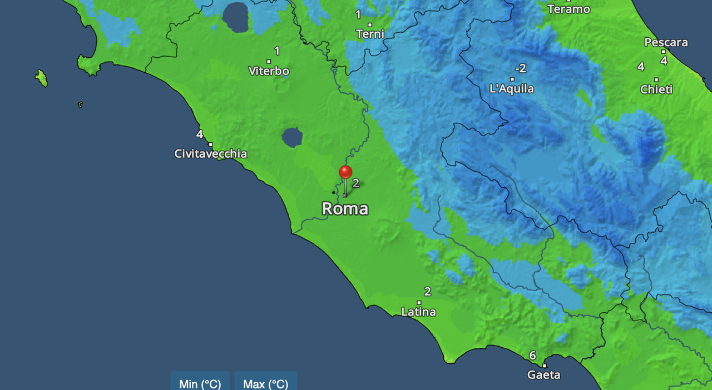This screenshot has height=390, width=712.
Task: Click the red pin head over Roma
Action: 345,172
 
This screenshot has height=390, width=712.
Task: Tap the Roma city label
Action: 345,209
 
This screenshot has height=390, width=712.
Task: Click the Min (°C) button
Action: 200,383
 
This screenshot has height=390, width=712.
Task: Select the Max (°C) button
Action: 266,383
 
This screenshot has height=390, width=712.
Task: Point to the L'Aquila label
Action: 511,89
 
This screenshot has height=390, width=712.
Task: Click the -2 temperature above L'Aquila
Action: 520,68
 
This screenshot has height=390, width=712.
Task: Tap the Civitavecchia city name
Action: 211,154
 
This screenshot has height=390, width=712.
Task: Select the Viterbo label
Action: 269,71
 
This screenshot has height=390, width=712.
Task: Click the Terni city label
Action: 370,34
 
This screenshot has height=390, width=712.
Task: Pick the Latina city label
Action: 418,312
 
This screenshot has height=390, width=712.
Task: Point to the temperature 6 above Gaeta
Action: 532,356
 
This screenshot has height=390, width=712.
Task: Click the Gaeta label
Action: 543,376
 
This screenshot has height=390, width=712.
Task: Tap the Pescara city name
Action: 666,42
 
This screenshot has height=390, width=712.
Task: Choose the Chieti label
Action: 656,89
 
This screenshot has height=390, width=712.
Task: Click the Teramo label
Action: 568,9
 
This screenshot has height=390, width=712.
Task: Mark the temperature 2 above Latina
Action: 427,292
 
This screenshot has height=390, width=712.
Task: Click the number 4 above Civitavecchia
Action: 199,134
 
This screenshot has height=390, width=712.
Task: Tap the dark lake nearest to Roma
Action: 291,137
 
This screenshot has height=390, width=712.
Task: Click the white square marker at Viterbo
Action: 269,62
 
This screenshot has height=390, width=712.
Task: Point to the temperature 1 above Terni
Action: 358,14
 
